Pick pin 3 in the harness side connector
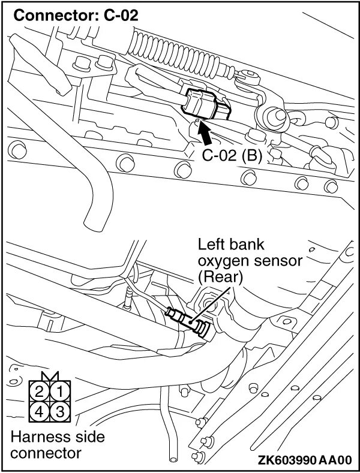click(x=59, y=412)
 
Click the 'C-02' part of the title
click(x=119, y=14)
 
